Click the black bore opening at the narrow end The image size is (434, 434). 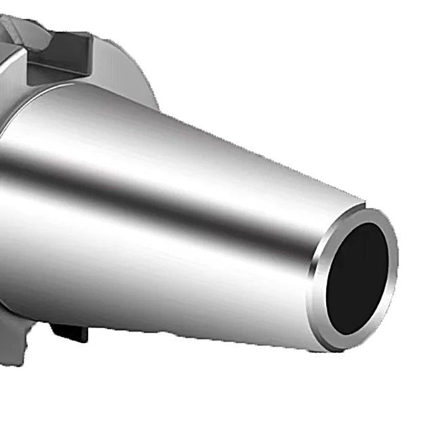357,277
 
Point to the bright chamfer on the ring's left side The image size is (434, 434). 316,285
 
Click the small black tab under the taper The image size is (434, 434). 70,332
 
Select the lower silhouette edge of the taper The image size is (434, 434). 203,332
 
